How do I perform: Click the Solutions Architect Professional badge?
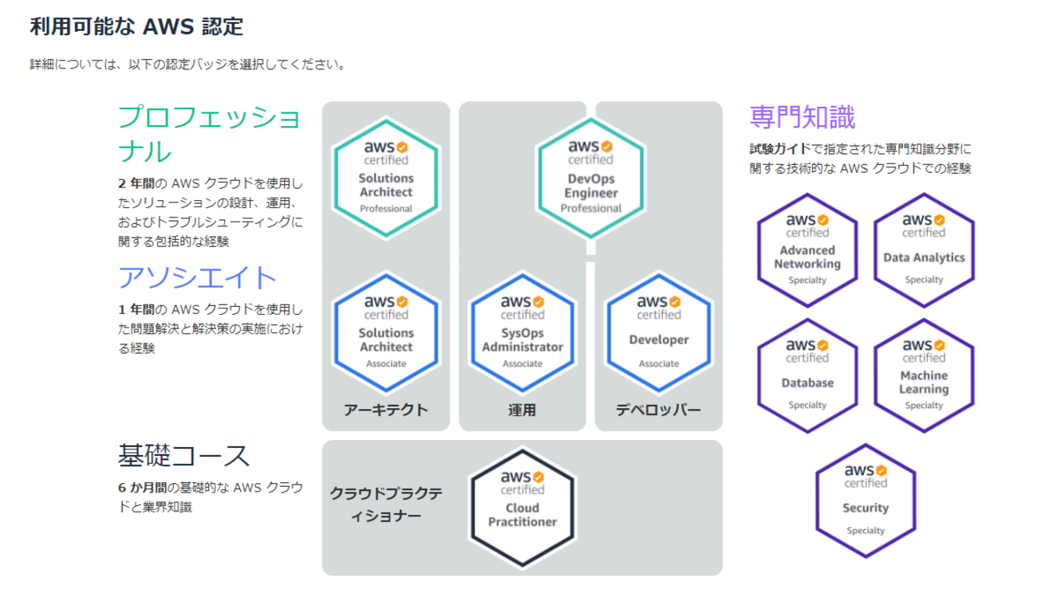[386, 179]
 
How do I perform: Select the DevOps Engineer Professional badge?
[591, 179]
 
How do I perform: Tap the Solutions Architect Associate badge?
[386, 333]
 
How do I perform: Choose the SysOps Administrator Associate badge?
[522, 333]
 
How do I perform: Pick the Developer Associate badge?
[659, 333]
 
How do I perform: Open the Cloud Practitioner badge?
[522, 508]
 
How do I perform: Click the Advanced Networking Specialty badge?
[807, 249]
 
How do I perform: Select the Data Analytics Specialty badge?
[924, 249]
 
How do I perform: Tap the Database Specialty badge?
[807, 375]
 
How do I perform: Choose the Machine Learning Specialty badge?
[924, 375]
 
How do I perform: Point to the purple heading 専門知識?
[802, 118]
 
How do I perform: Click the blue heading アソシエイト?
[198, 277]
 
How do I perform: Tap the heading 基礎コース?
[184, 456]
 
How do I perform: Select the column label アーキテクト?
[386, 410]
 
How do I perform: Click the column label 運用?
[522, 410]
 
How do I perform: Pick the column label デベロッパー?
[658, 410]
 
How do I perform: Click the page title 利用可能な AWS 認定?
[136, 27]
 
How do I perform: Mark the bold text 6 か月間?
[141, 488]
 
